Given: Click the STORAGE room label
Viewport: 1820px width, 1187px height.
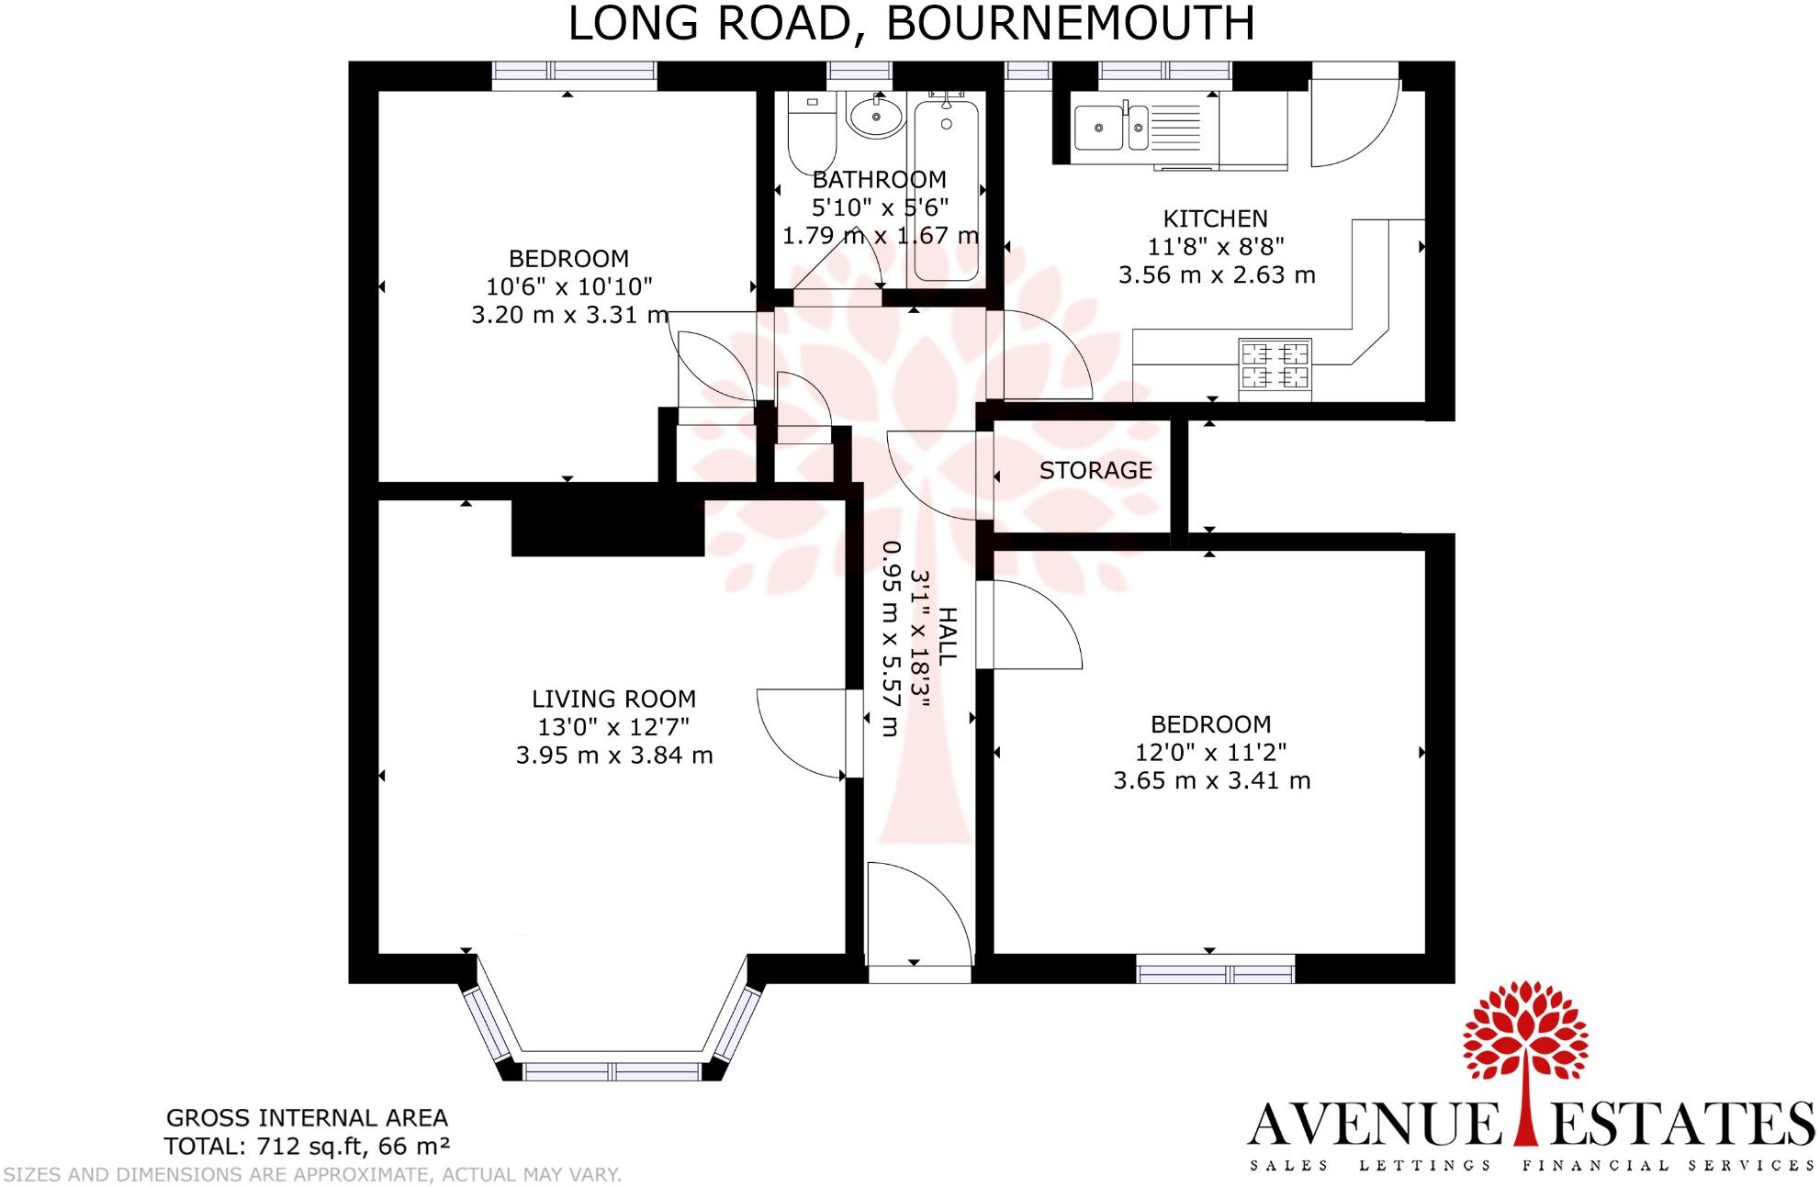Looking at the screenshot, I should (1095, 471).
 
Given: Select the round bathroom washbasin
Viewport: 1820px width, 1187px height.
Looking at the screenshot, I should (876, 118).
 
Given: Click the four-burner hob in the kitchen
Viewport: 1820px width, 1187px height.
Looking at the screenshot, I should (1275, 365).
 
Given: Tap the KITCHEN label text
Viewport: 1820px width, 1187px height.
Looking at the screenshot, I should (1215, 218).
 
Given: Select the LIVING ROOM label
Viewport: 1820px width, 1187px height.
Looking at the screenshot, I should (613, 699).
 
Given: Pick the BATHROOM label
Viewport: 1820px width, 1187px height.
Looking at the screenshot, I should (879, 180).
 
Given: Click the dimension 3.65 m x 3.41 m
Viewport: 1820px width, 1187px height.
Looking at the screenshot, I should (1211, 780).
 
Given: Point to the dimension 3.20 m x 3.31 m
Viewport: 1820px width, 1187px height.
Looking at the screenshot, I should (569, 315).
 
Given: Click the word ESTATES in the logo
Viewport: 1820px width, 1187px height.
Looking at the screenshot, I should (1683, 1124).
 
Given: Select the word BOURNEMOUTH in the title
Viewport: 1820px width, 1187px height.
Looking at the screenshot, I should (1070, 24).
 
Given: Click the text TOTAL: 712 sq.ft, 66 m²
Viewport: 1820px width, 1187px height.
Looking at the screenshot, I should (307, 1147).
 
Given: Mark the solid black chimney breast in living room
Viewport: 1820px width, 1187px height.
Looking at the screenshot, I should (608, 528).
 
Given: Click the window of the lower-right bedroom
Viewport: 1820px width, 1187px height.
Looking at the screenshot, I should (1215, 969).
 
